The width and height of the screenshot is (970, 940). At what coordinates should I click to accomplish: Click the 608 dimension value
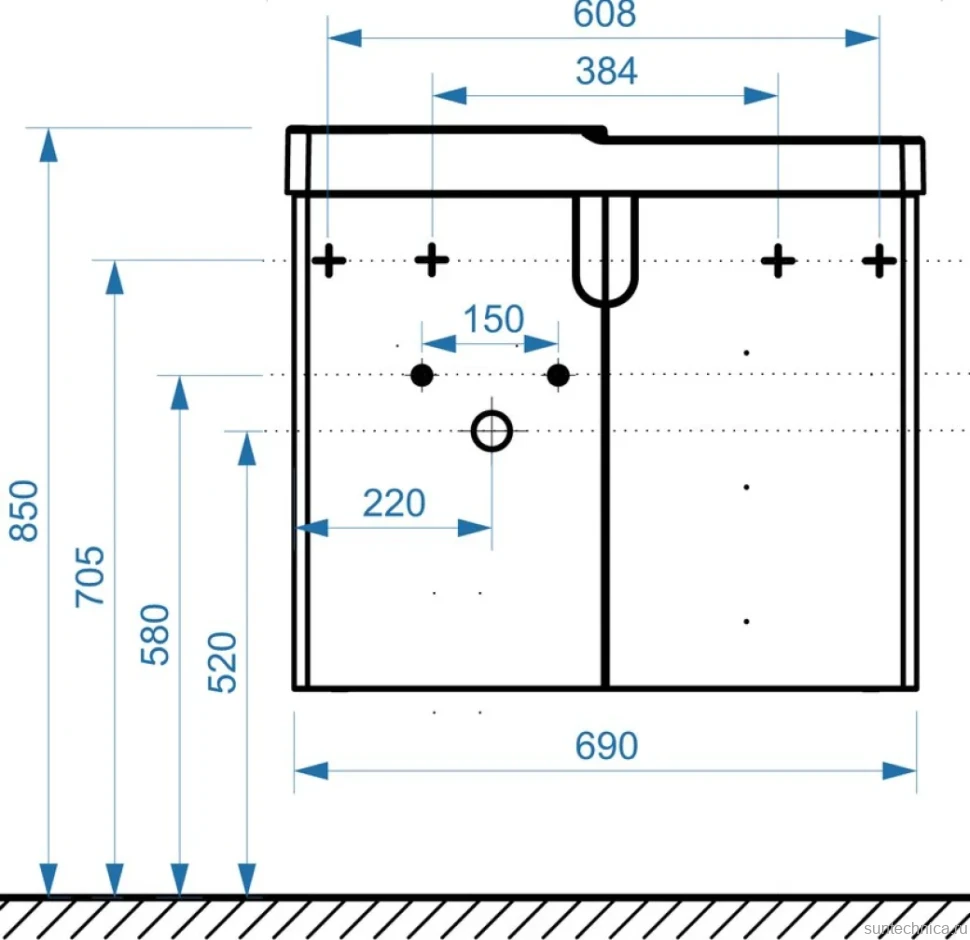(x=604, y=14)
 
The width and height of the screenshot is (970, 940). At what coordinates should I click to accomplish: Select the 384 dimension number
(x=606, y=71)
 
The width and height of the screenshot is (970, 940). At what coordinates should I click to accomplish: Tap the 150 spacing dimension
(x=494, y=319)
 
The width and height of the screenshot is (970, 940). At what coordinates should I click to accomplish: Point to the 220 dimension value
(x=394, y=503)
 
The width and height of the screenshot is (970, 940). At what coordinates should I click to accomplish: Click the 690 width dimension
(x=606, y=746)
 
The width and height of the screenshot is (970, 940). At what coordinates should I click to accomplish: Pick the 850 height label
(x=24, y=511)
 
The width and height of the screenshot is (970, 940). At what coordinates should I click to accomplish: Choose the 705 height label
(x=90, y=576)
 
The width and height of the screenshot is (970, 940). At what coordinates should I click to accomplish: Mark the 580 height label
(x=155, y=634)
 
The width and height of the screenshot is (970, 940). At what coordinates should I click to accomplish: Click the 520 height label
(x=222, y=662)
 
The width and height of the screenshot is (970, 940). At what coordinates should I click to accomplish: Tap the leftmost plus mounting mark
(x=328, y=260)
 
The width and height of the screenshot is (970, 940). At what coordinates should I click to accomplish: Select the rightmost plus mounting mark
(x=879, y=260)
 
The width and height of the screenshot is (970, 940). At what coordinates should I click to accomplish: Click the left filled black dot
(x=422, y=375)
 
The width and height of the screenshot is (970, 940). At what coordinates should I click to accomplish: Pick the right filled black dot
(x=558, y=375)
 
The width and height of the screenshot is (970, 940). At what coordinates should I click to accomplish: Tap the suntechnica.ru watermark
(x=916, y=928)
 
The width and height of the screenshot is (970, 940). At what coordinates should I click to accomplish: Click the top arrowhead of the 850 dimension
(x=48, y=145)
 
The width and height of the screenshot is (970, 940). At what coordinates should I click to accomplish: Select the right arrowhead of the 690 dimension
(x=899, y=771)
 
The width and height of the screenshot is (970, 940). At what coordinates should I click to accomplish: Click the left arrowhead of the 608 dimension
(x=345, y=38)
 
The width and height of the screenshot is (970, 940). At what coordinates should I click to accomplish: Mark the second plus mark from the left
(x=432, y=260)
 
